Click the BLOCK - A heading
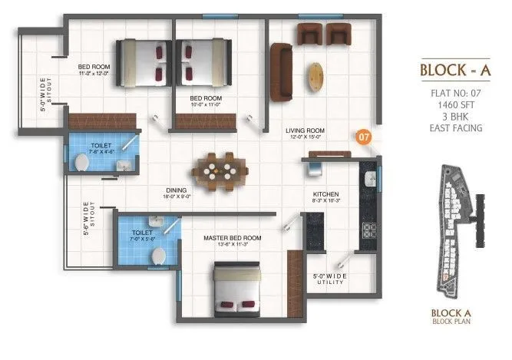pos(454,71)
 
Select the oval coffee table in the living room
pos(315,76)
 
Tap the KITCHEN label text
pos(325,195)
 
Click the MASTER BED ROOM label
pos(232,237)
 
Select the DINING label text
pos(177,190)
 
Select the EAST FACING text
pos(455,128)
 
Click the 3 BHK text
pos(455,117)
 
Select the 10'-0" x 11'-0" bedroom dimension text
pos(206,105)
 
